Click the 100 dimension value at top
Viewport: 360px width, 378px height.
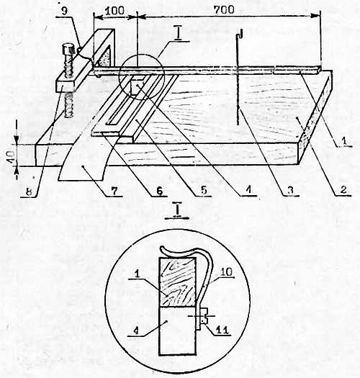[x=114, y=11]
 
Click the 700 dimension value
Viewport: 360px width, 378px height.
[x=224, y=10]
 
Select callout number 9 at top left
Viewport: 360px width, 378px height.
[x=64, y=12]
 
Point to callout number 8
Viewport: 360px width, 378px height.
[x=29, y=192]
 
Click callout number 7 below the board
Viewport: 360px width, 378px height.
[x=114, y=191]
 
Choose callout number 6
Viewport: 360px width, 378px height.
[x=158, y=191]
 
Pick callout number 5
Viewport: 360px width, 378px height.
[x=204, y=191]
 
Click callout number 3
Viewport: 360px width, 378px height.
[x=290, y=190]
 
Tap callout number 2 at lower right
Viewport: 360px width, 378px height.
[x=343, y=189]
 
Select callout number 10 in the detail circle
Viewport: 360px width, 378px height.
[x=226, y=272]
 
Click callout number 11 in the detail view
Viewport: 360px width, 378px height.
[x=222, y=330]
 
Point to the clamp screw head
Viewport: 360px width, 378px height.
[x=67, y=48]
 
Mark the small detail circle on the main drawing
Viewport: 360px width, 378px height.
[x=142, y=76]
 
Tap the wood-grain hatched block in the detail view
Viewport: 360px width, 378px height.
[x=177, y=282]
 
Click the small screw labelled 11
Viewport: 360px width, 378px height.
[x=204, y=316]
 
